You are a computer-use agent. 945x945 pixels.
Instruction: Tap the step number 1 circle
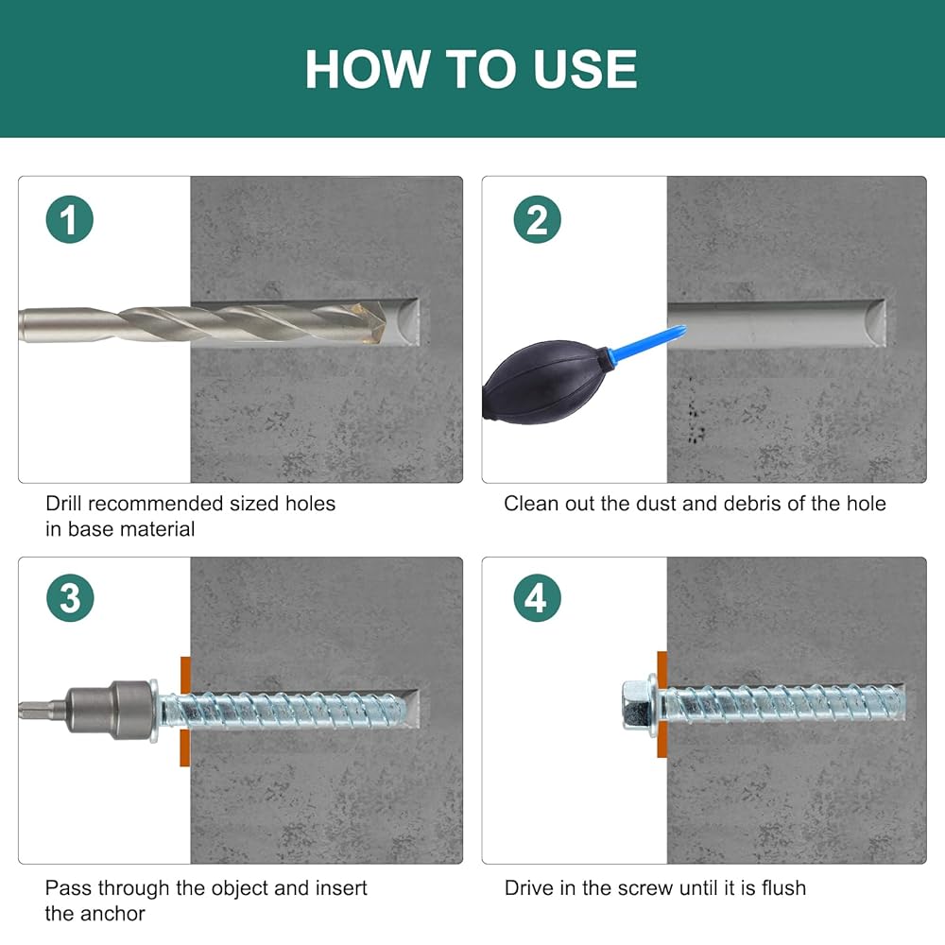point(69,219)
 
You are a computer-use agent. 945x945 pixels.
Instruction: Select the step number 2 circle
point(537,219)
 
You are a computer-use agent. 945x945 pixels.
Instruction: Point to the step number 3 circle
point(70,598)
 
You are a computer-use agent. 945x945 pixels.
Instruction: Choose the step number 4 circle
point(537,598)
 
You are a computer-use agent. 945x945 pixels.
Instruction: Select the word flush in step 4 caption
point(783,887)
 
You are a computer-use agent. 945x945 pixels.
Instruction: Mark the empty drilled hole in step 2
point(776,323)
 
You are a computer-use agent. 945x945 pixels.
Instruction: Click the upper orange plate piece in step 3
point(185,675)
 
